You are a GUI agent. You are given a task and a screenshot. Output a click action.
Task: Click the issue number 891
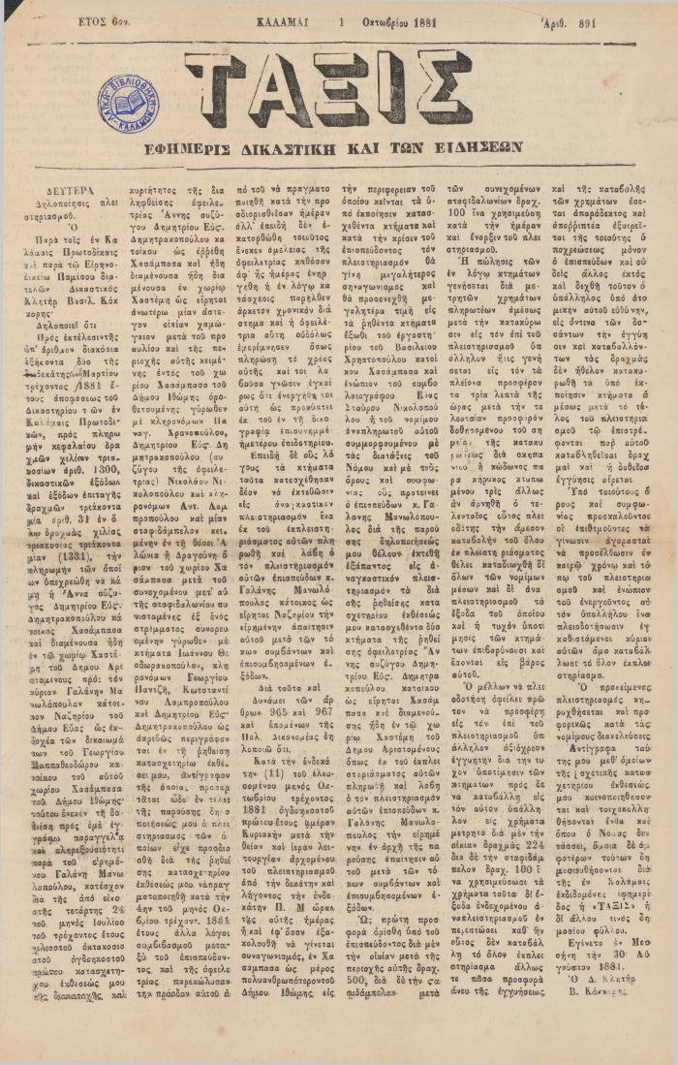tap(610, 20)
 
